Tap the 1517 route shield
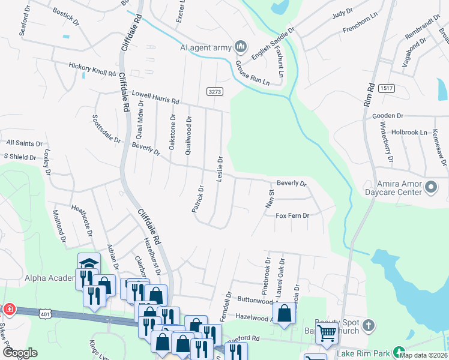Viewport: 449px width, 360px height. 386,88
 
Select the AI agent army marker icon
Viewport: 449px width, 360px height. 241,46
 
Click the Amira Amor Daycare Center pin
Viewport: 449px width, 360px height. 431,188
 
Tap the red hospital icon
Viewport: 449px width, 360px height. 9,310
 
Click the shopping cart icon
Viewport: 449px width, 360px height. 327,333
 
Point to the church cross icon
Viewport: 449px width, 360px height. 369,326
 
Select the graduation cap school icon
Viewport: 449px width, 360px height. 88,263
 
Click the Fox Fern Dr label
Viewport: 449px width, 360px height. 292,215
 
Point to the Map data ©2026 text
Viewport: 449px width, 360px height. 423,355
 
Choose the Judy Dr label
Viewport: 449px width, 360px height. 342,11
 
